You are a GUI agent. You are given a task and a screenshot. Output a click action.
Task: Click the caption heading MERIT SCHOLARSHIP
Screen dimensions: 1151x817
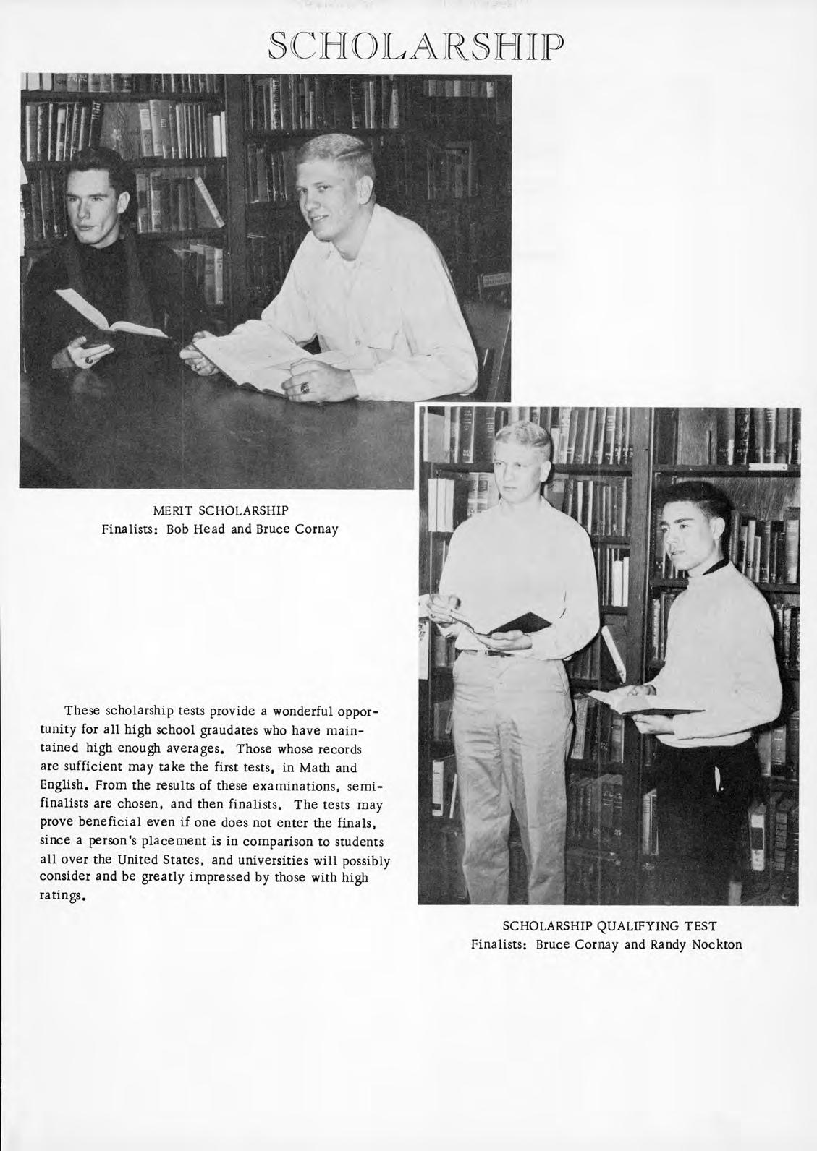coord(219,513)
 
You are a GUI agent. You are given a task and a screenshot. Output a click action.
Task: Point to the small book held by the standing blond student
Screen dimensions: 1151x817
coord(514,623)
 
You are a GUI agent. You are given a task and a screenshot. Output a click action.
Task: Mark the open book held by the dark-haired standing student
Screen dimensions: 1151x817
coord(644,703)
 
